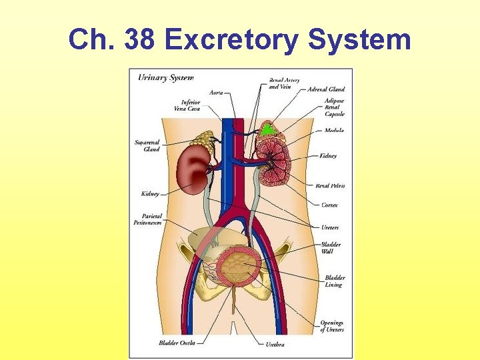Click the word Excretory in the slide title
(231, 40)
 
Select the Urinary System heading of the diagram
(165, 78)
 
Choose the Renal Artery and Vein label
(284, 83)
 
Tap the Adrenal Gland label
(326, 89)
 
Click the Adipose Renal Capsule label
(334, 107)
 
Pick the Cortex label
(329, 205)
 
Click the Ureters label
(329, 227)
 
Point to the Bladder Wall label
(331, 248)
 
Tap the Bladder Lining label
(334, 281)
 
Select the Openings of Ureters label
(331, 326)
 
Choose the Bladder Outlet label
(177, 343)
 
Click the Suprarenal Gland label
(147, 145)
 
